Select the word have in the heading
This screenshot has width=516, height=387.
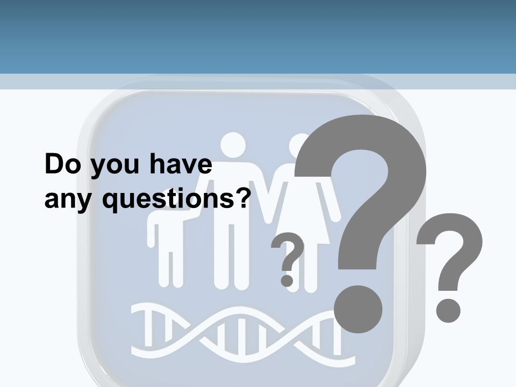click(x=180, y=164)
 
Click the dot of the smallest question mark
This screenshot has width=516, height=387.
click(x=287, y=280)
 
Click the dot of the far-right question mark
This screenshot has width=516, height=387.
click(x=448, y=311)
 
